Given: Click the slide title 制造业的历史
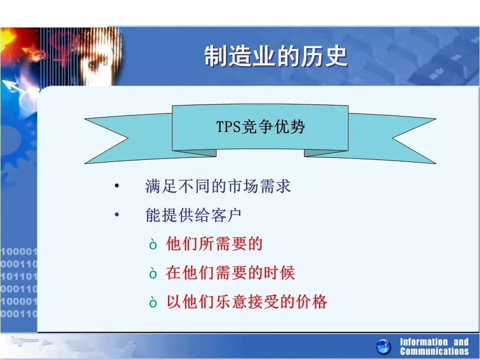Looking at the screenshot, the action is [276, 56].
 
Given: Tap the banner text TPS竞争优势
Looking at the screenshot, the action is [260, 126].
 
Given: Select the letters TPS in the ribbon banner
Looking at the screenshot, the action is [228, 126].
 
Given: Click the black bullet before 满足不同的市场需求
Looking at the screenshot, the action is [116, 185].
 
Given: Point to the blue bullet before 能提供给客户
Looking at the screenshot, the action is [116, 214].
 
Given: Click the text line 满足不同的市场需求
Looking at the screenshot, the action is [218, 186].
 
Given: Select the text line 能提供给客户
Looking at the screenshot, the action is [193, 215].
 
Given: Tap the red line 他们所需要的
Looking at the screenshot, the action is [214, 244].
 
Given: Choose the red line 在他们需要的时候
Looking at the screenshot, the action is [230, 273].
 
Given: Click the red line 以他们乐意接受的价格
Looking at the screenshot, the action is [246, 301].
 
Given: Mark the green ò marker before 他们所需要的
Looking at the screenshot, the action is [153, 244].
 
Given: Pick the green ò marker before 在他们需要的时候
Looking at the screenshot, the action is [153, 273].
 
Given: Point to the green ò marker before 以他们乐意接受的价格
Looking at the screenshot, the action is [153, 302].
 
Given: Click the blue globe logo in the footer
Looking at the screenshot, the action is [383, 347].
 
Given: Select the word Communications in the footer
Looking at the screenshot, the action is [434, 351].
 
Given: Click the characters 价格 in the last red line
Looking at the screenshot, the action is [311, 301].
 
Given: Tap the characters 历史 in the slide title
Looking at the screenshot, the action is [324, 56].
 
